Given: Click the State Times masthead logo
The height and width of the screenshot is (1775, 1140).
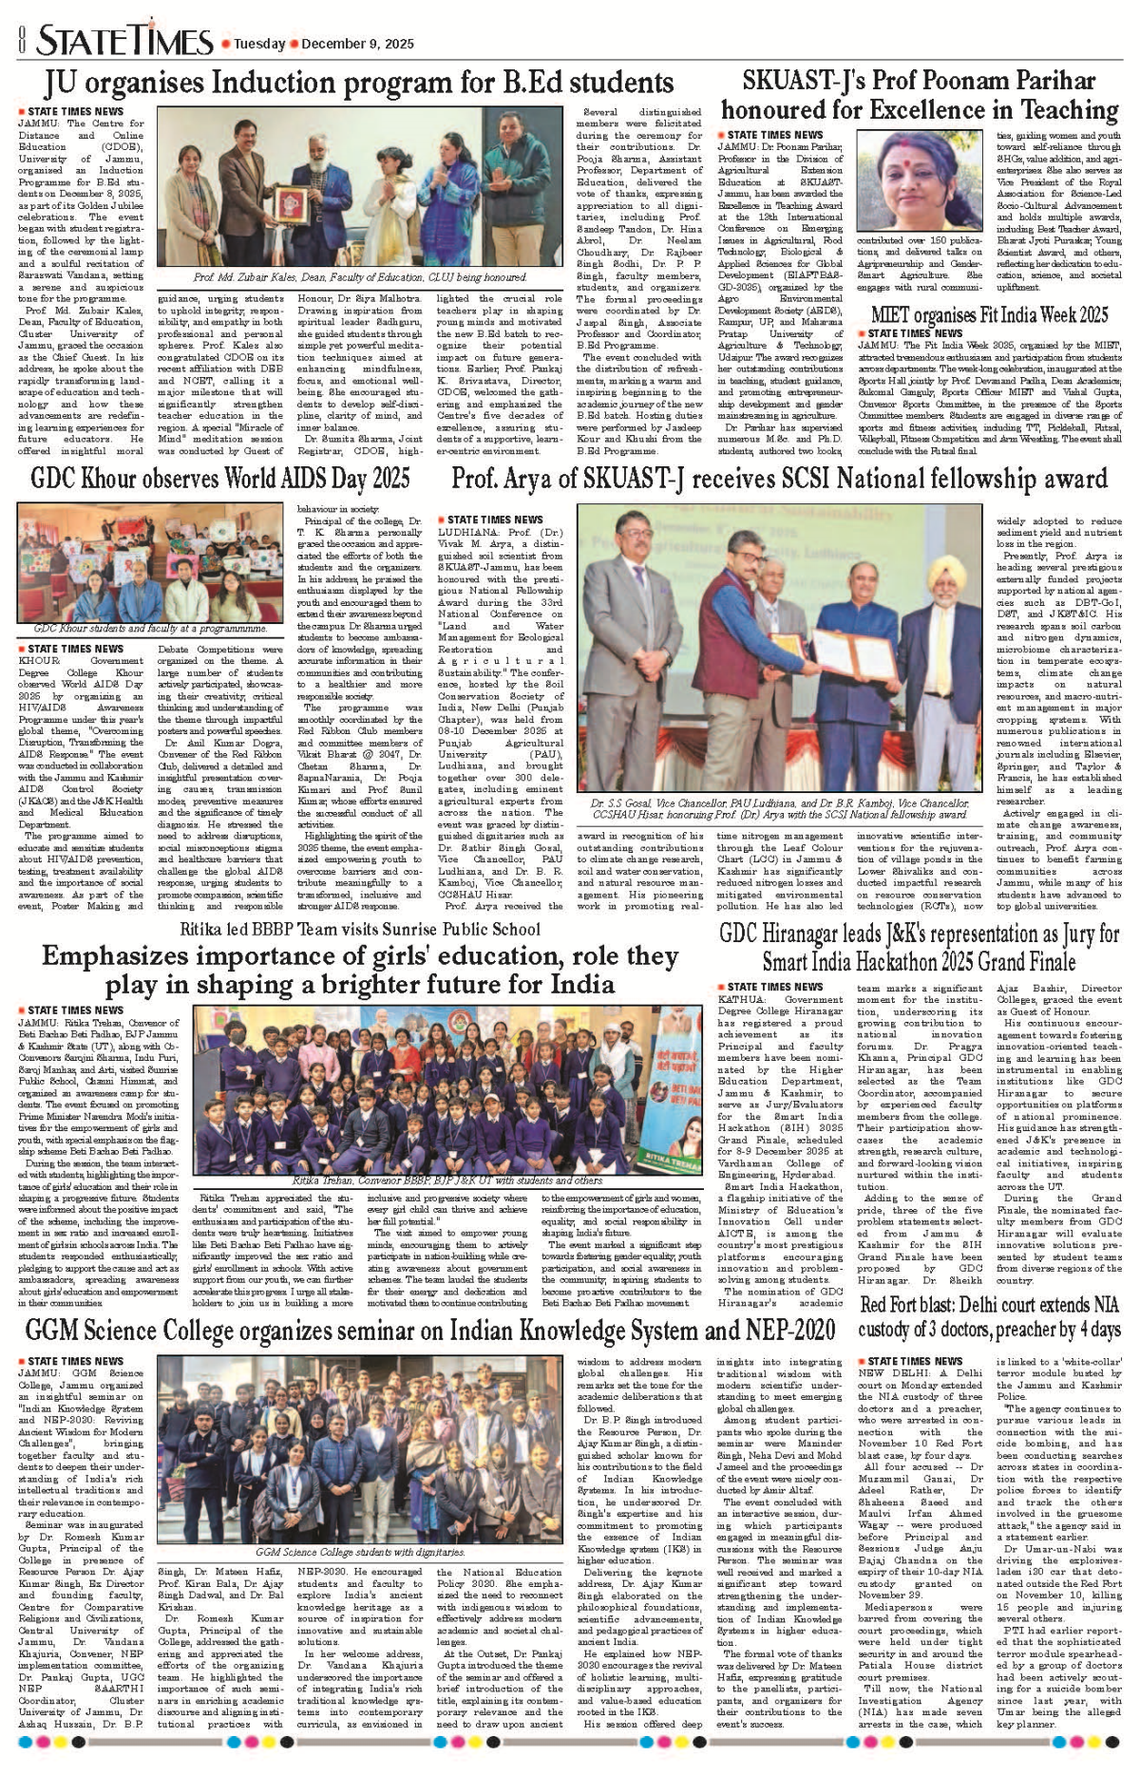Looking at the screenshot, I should coord(124,41).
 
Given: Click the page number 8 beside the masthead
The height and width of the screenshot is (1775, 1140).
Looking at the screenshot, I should coord(20,41).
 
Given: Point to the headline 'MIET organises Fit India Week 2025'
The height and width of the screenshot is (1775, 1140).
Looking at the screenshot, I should coord(989,314).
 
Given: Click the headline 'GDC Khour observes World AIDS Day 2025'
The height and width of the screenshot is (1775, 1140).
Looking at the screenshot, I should coord(220,478).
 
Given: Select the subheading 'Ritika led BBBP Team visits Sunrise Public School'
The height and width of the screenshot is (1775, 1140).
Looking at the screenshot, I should coord(359,929).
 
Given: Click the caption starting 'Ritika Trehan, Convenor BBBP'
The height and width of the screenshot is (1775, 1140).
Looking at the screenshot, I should coord(446,1180).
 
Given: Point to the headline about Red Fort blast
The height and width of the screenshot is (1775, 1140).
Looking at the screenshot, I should coord(990,1316).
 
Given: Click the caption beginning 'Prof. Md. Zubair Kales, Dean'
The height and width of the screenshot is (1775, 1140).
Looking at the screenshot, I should coord(360,277).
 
